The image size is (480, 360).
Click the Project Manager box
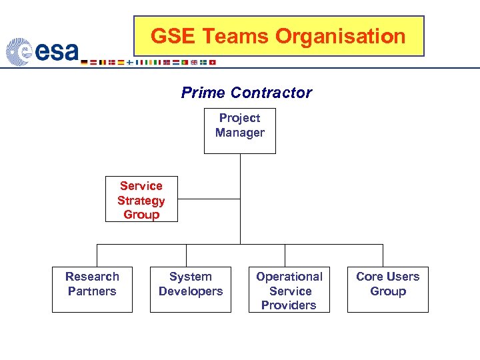click(239, 131)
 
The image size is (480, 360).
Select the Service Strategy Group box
click(141, 199)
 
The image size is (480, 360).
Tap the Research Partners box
click(92, 289)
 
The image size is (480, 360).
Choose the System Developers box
click(191, 289)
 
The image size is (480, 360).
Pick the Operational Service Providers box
click(289, 289)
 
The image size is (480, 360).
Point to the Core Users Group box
click(387, 289)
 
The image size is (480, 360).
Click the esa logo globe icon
click(19, 52)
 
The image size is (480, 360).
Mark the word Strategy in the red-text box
click(141, 201)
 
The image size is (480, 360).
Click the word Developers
click(191, 291)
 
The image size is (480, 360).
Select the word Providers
click(289, 305)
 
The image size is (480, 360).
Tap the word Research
click(92, 277)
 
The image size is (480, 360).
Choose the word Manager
click(239, 133)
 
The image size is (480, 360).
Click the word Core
click(369, 277)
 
